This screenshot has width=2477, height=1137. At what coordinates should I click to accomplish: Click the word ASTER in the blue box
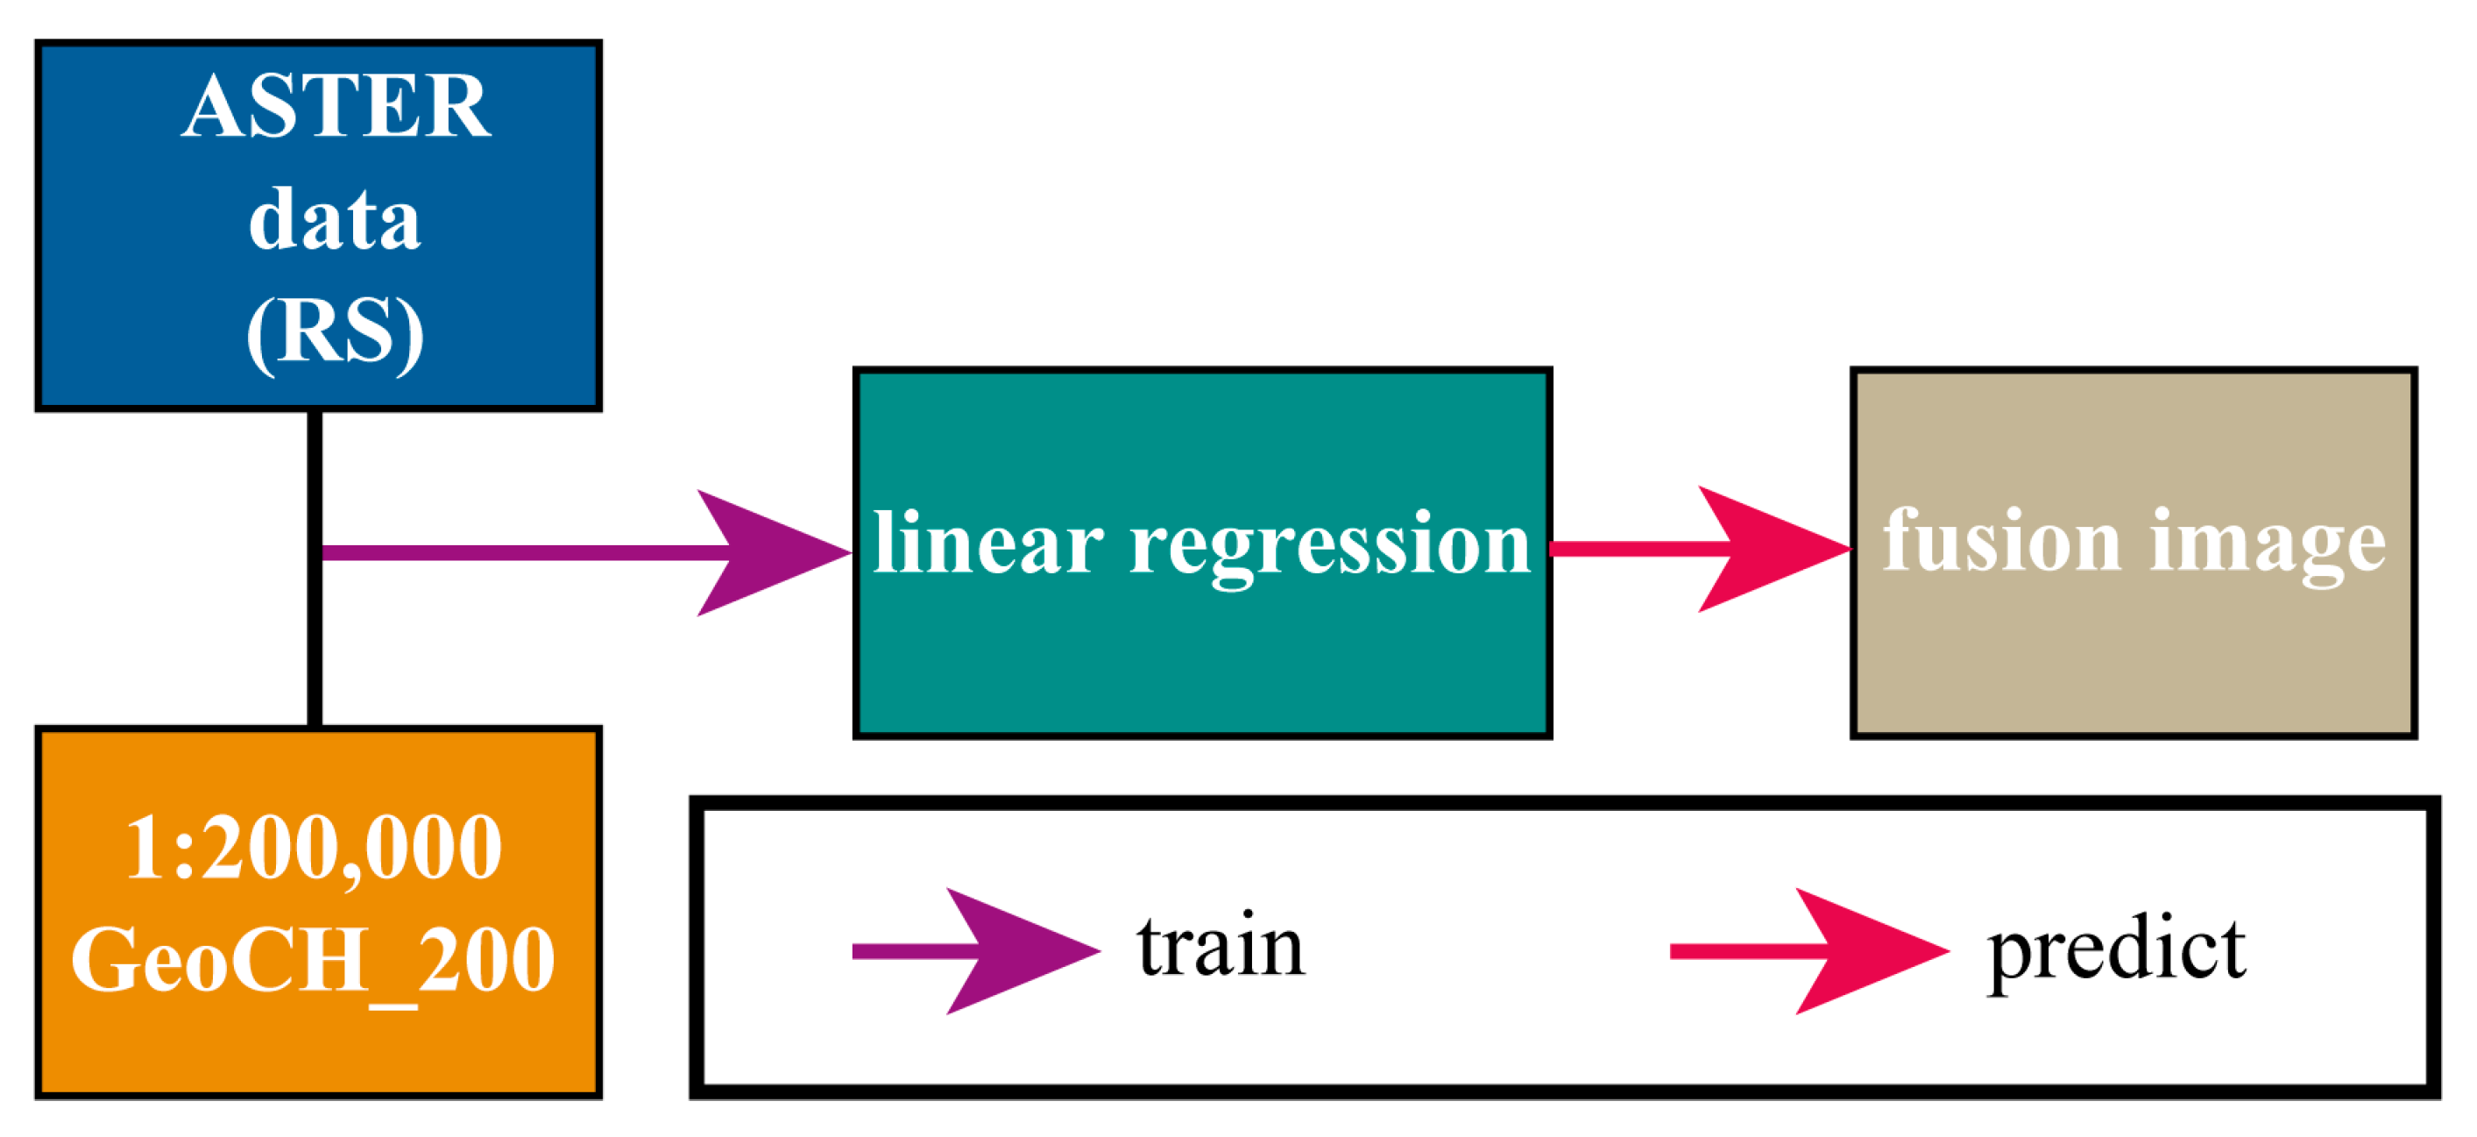tap(336, 107)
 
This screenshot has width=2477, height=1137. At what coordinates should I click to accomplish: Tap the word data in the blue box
tap(335, 220)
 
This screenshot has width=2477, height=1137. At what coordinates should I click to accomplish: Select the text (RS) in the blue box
tap(335, 333)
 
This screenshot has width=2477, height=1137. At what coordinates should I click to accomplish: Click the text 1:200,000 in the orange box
tap(314, 849)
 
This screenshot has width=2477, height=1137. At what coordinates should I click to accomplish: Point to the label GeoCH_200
tap(314, 960)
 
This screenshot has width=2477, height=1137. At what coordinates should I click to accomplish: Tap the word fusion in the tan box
tap(2001, 542)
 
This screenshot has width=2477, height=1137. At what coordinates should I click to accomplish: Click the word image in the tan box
tap(2268, 545)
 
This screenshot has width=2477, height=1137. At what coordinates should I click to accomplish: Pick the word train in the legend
tap(1221, 948)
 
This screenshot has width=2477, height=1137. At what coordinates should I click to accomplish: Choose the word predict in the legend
tap(2116, 952)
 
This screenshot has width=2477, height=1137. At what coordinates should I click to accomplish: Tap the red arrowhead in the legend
tap(1865, 951)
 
